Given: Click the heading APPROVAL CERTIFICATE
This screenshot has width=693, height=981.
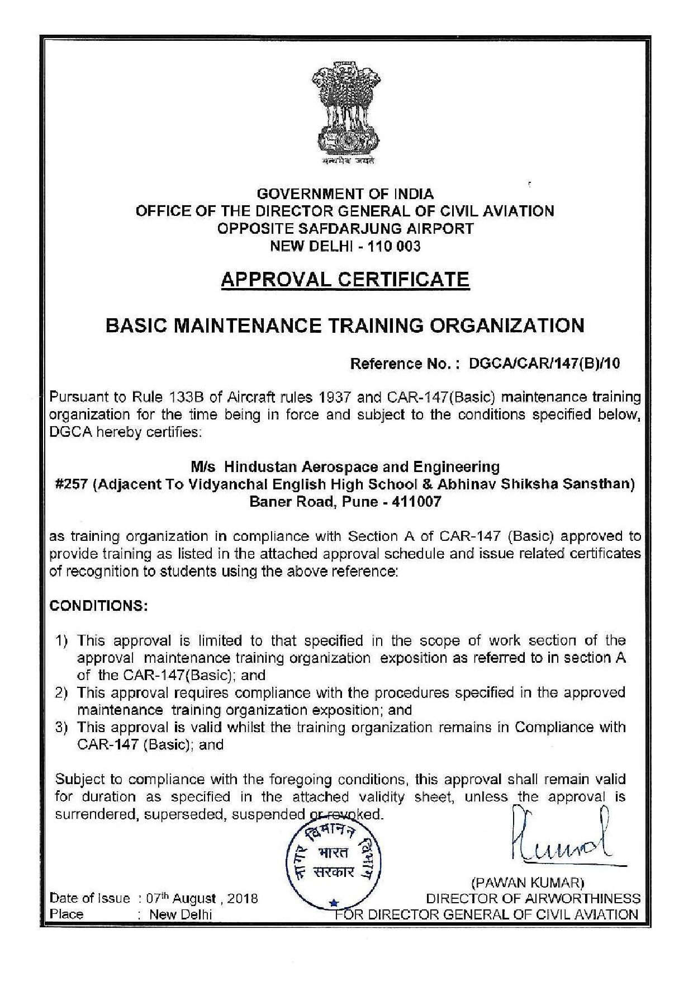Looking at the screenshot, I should [x=345, y=279].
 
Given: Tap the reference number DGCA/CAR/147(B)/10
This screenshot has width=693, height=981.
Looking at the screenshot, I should [x=544, y=364].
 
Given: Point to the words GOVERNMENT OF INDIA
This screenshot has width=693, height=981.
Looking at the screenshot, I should [x=345, y=194].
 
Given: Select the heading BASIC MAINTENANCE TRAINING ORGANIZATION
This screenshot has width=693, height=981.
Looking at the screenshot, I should [x=345, y=325].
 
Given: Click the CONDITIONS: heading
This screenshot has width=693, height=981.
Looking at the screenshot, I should [x=98, y=606].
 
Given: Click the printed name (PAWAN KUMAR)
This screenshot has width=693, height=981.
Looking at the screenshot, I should [x=528, y=883].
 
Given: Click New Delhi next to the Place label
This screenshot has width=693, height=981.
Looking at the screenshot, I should [x=179, y=915].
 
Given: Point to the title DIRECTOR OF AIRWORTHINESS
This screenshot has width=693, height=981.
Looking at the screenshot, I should [x=533, y=899].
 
